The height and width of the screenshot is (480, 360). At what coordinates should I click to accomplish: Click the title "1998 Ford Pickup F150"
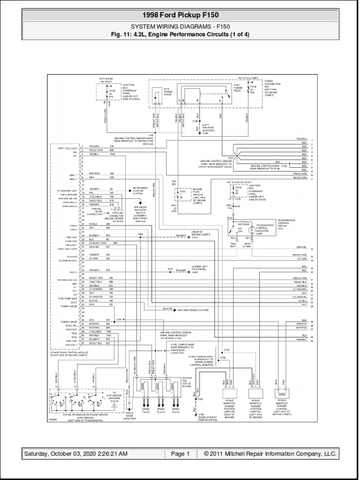point(180,15)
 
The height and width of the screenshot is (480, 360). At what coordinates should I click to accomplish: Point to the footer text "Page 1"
point(180,454)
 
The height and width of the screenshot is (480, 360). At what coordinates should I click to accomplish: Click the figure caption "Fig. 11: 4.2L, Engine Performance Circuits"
point(180,34)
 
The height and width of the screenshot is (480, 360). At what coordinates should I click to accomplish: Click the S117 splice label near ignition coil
point(159,351)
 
